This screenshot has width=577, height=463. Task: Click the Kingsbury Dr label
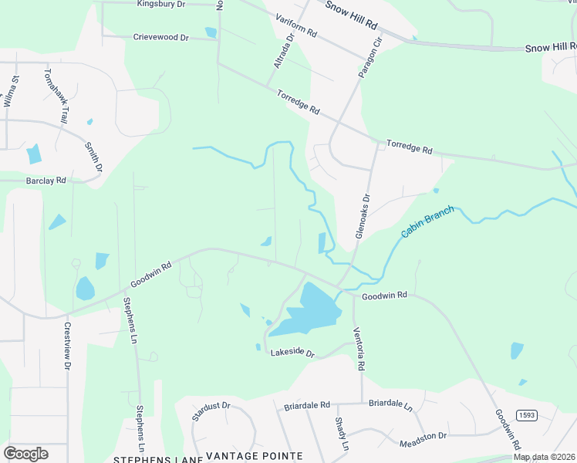click(161, 4)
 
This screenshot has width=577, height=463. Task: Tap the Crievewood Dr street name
click(160, 37)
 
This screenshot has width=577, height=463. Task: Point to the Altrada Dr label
click(283, 49)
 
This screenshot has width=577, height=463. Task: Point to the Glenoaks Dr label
click(363, 215)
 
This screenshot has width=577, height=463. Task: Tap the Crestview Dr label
click(66, 345)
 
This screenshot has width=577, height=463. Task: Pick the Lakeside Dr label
click(293, 353)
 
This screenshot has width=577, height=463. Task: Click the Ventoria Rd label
click(359, 348)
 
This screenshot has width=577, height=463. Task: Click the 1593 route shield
click(526, 414)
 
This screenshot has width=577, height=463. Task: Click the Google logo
click(25, 453)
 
